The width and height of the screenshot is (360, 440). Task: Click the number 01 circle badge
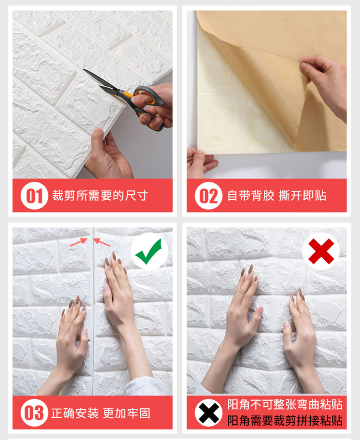click(34, 196)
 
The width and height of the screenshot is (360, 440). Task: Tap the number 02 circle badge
click(209, 196)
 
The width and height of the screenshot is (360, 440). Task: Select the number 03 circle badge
click(34, 413)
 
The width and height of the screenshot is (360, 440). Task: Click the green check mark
click(149, 251)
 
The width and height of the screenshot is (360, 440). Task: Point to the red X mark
click(321, 251)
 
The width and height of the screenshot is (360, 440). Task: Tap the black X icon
click(209, 413)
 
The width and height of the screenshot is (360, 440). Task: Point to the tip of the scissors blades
click(83, 69)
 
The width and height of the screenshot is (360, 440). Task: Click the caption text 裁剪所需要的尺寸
click(100, 196)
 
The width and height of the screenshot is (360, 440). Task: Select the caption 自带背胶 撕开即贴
click(277, 196)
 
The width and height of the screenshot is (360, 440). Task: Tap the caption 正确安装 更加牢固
click(101, 413)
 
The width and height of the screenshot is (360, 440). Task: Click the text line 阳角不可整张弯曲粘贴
click(285, 404)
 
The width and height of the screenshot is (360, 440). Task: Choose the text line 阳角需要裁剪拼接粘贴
click(285, 420)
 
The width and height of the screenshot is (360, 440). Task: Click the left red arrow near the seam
click(79, 242)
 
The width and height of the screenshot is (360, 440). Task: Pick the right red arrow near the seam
click(102, 242)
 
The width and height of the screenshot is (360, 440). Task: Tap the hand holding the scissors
click(153, 107)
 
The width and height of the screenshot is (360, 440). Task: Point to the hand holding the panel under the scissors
click(108, 156)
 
